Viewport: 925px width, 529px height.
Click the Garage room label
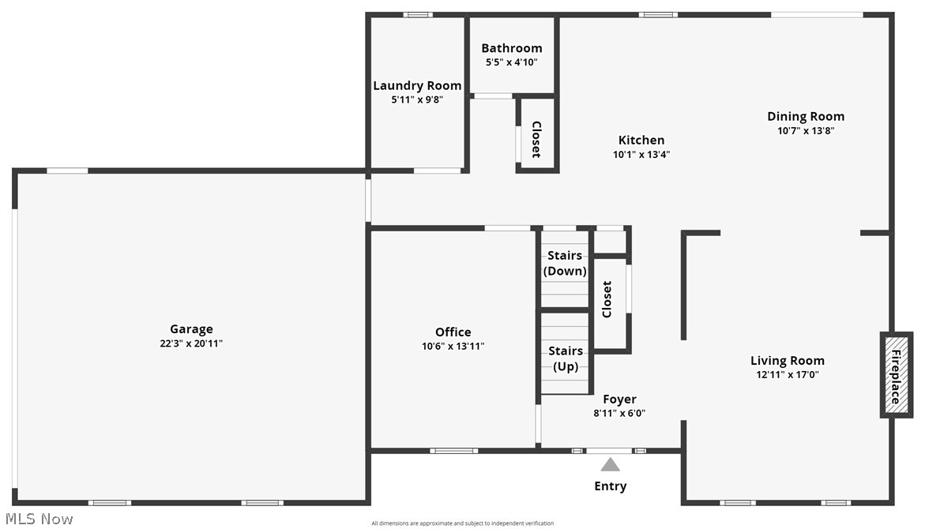191,329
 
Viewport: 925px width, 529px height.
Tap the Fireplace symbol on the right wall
895,374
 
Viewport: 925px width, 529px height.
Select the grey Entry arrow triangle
610,464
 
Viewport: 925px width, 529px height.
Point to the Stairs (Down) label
565,263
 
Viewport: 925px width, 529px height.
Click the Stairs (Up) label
566,358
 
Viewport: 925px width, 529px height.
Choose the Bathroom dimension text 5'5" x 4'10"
512,62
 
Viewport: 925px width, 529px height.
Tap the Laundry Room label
417,85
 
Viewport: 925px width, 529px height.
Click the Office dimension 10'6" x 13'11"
453,346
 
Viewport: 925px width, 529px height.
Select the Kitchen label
641,140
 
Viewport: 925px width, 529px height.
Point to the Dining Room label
806,116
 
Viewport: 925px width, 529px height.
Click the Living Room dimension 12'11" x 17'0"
788,375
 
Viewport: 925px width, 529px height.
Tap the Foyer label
619,399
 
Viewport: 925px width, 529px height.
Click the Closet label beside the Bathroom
536,139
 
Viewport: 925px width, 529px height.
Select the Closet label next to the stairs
607,299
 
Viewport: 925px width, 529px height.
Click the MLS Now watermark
37,519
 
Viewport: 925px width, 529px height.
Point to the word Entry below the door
610,486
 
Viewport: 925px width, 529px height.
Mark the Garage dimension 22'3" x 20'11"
191,343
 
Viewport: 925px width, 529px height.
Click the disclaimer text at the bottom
462,523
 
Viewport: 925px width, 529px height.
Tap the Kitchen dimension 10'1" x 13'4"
641,155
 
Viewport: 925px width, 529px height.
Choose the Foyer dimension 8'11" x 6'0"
619,413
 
